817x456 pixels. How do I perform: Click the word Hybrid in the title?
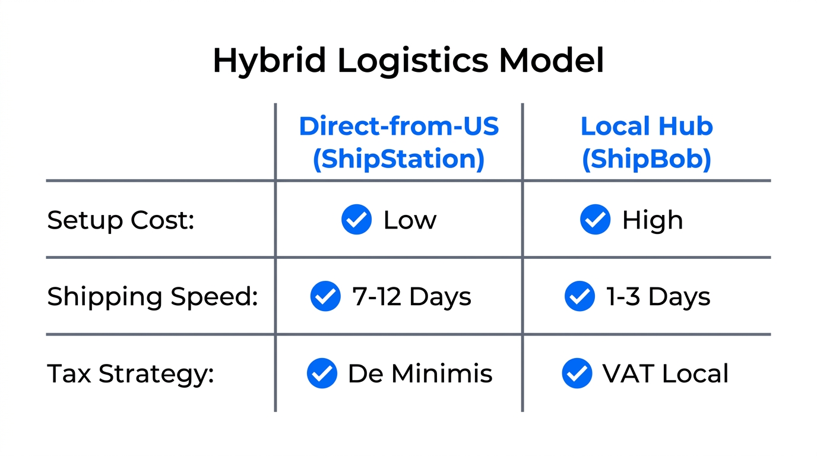tap(271, 61)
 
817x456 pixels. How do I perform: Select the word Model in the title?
tap(552, 61)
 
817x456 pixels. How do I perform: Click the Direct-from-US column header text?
tap(398, 126)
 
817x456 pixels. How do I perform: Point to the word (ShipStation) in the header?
tap(398, 159)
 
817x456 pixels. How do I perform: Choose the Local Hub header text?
tap(646, 126)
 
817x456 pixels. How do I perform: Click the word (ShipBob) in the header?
tap(646, 159)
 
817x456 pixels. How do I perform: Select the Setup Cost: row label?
tap(121, 220)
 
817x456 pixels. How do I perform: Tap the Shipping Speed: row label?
tap(153, 296)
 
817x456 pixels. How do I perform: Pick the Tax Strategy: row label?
tap(130, 373)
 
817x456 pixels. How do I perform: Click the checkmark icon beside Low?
tap(356, 220)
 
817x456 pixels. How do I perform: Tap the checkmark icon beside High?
tap(595, 220)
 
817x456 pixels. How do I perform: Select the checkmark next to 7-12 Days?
tap(325, 296)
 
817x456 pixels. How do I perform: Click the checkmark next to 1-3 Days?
tap(579, 296)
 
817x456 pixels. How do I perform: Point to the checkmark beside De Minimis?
tap(322, 373)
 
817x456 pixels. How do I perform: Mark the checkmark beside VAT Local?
tap(577, 373)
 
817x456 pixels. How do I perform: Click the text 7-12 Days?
tap(411, 296)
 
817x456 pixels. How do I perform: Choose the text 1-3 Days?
tap(658, 296)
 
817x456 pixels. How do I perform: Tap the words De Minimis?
tap(420, 373)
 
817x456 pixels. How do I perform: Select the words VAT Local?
tap(665, 373)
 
